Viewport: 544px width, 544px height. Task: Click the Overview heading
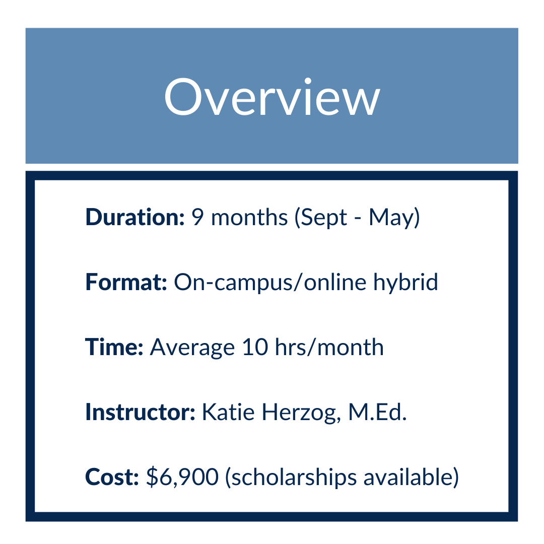pyautogui.click(x=273, y=97)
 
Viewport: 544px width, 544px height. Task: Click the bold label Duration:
pyautogui.click(x=135, y=217)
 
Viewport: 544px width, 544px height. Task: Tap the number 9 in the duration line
pyautogui.click(x=197, y=217)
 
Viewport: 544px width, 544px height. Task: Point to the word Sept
pyautogui.click(x=321, y=218)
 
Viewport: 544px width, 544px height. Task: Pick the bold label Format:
pyautogui.click(x=126, y=282)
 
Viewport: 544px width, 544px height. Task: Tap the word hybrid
pyautogui.click(x=406, y=283)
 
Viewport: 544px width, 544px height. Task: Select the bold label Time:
pyautogui.click(x=114, y=347)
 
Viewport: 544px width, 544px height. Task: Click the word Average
pyautogui.click(x=192, y=348)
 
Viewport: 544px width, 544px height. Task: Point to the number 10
pyautogui.click(x=255, y=347)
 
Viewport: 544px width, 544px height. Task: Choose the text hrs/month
pyautogui.click(x=329, y=347)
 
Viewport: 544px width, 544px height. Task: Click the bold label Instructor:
pyautogui.click(x=141, y=412)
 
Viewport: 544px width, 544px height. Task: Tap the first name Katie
pyautogui.click(x=228, y=412)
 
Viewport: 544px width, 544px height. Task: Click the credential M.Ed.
pyautogui.click(x=377, y=412)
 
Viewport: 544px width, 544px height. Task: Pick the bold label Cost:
pyautogui.click(x=112, y=477)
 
